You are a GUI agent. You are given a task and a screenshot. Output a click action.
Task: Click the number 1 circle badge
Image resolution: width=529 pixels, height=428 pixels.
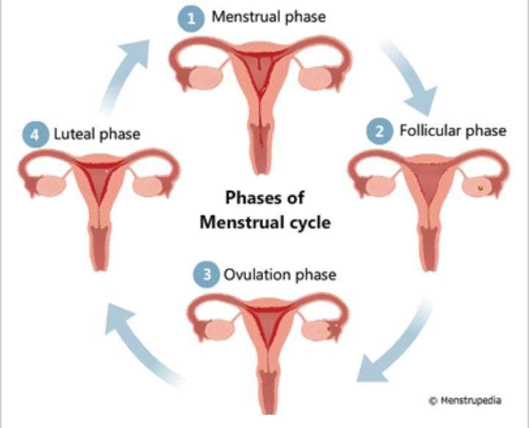coord(191,18)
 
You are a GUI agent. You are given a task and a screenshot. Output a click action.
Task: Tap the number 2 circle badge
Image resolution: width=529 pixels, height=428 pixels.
coord(380,131)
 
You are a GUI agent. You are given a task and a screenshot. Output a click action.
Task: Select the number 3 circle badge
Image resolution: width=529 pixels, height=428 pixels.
coord(206,275)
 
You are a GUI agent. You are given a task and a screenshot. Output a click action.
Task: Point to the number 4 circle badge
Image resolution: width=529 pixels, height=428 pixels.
coord(35,134)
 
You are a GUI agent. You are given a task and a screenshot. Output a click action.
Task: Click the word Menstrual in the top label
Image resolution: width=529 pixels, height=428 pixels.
coord(248,16)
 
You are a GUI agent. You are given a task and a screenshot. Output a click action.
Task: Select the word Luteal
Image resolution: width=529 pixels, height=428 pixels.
coord(74,134)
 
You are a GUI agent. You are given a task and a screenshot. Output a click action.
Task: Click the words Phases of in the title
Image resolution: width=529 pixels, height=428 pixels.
coord(264,197)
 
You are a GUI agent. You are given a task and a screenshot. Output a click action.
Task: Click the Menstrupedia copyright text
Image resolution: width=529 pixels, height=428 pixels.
coord(465,400)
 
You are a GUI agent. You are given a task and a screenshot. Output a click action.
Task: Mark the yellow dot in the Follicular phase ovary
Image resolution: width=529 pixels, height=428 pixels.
coord(480,188)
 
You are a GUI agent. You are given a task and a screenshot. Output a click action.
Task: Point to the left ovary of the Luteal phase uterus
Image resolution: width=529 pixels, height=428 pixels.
coord(51,186)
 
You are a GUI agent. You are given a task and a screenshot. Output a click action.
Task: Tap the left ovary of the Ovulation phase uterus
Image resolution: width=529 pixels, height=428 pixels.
coord(219,329)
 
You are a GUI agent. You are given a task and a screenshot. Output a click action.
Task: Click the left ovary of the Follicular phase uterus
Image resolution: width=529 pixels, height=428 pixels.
coord(381,186)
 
